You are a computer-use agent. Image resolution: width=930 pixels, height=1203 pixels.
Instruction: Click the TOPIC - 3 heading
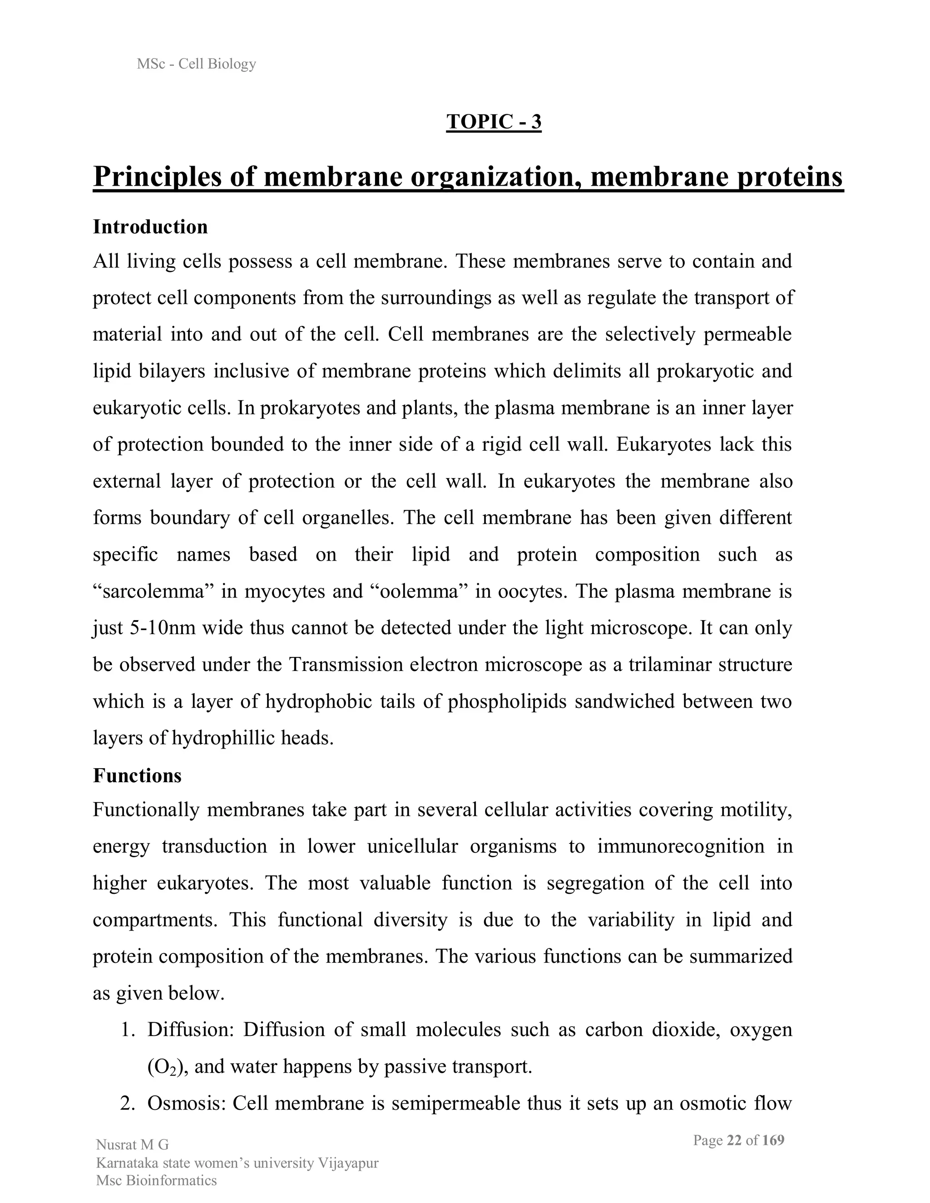point(494,122)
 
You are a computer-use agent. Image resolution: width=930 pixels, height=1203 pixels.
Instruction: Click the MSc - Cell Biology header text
point(197,64)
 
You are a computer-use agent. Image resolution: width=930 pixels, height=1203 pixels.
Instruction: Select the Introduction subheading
point(150,227)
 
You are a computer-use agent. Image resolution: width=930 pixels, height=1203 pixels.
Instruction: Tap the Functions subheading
point(137,775)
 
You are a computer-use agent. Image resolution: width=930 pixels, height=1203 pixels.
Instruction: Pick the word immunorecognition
point(681,846)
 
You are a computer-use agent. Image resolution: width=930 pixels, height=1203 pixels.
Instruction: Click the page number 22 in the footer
point(734,1140)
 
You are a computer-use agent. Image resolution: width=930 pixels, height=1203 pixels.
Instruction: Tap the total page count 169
point(773,1140)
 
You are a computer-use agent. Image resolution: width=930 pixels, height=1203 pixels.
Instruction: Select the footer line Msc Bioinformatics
point(157,1180)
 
